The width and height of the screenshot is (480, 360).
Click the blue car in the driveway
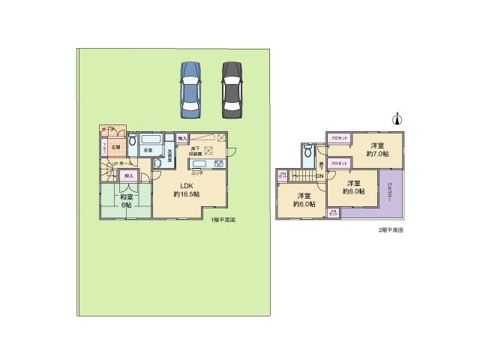coord(190,88)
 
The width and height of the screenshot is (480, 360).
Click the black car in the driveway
coord(233,88)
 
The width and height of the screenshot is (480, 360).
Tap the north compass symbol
coord(397,119)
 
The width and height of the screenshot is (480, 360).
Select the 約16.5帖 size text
coord(187,195)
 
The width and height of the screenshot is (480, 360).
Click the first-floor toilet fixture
coord(132,140)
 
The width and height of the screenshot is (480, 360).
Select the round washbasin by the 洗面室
coord(157,163)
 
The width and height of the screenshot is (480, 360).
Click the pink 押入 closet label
coord(129,175)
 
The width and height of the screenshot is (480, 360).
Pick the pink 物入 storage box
coord(181,139)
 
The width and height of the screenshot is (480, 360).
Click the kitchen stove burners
coord(219,163)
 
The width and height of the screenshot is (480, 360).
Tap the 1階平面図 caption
coord(223,219)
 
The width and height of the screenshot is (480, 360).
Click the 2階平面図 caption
coord(391,229)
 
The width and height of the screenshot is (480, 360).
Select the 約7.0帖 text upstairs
coord(377,153)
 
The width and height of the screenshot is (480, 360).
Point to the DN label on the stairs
coord(319,177)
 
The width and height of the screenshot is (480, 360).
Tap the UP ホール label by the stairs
coord(121,163)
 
